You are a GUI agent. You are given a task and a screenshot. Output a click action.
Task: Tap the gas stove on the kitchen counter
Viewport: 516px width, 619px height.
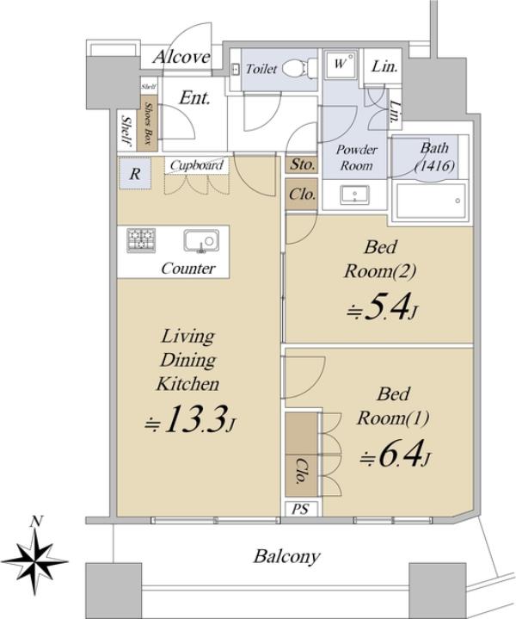coord(141,240)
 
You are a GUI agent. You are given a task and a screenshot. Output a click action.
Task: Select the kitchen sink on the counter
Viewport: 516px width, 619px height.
coord(200,241)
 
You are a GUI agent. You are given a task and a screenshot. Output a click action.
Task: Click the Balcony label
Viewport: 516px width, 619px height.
coord(286,557)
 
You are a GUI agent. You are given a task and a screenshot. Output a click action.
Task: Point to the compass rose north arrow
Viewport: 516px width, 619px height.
coord(35,560)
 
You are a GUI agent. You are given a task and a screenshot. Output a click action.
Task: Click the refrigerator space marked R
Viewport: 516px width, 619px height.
coord(135,173)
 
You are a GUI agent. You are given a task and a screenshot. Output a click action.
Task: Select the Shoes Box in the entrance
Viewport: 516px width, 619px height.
coord(147,123)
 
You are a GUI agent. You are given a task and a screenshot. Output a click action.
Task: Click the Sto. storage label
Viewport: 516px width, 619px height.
coord(302,164)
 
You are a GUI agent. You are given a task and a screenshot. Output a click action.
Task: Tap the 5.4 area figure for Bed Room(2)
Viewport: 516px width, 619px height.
coord(382,306)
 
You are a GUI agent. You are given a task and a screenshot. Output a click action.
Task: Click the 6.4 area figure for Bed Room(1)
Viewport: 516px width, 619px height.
coord(395,454)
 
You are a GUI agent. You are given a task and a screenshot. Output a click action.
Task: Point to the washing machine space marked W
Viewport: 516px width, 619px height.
coord(341,64)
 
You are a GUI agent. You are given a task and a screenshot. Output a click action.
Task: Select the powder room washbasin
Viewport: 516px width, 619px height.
coord(355,195)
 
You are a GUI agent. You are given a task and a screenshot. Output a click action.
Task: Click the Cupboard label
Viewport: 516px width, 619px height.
coord(196,165)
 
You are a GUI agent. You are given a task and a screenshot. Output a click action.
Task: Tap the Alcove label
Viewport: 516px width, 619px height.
coord(181,57)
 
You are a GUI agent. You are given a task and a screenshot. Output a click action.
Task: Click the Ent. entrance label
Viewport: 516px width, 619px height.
coord(194,98)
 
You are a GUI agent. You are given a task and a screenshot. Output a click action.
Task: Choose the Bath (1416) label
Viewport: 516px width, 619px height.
coord(434,157)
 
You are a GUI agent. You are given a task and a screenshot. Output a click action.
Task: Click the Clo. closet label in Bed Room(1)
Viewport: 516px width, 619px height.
coord(301,471)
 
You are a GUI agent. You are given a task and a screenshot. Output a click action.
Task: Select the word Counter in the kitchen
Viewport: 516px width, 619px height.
coord(188,269)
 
